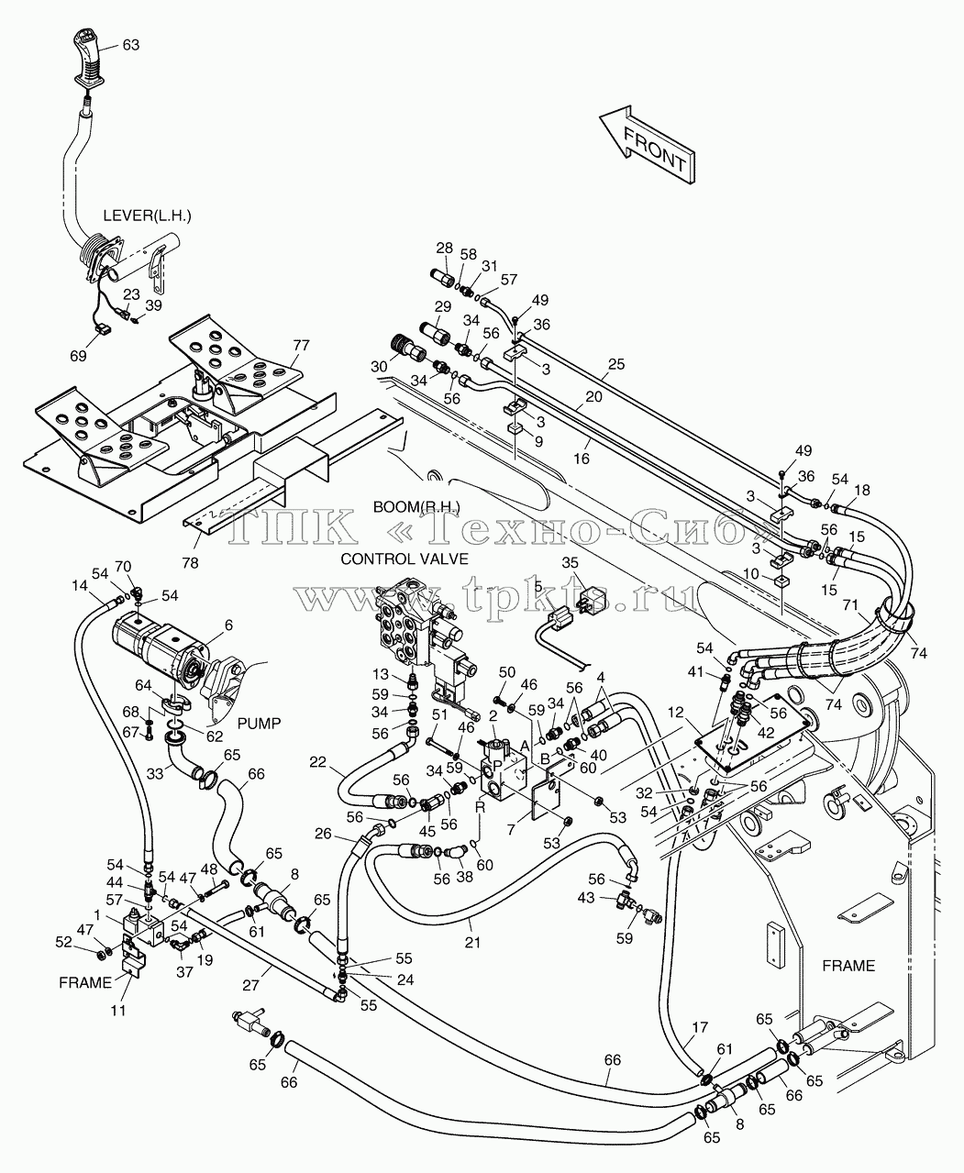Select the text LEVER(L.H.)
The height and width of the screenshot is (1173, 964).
pos(148,216)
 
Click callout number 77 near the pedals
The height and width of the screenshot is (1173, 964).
pos(301,346)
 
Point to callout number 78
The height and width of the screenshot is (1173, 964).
pos(190,563)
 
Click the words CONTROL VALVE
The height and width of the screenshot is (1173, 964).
pos(404,559)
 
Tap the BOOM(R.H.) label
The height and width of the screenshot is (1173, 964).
pos(416,507)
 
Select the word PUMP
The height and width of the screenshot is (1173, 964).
pos(260,724)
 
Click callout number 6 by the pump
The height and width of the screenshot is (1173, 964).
pos(228,625)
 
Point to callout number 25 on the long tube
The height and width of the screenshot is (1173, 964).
pos(616,364)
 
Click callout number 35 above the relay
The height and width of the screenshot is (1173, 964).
pos(571,563)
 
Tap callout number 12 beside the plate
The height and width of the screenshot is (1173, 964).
pos(676,712)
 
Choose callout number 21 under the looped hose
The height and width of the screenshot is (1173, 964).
pos(472,942)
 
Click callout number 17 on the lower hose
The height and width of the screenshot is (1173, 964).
pos(700,1027)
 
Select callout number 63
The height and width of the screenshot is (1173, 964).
pos(131,45)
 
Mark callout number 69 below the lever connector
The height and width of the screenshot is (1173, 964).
pos(79,356)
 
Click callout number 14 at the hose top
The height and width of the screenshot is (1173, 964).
pos(80,585)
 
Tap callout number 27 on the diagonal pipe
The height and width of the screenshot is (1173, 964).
pos(251,985)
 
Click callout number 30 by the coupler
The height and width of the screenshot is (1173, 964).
pos(380,367)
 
